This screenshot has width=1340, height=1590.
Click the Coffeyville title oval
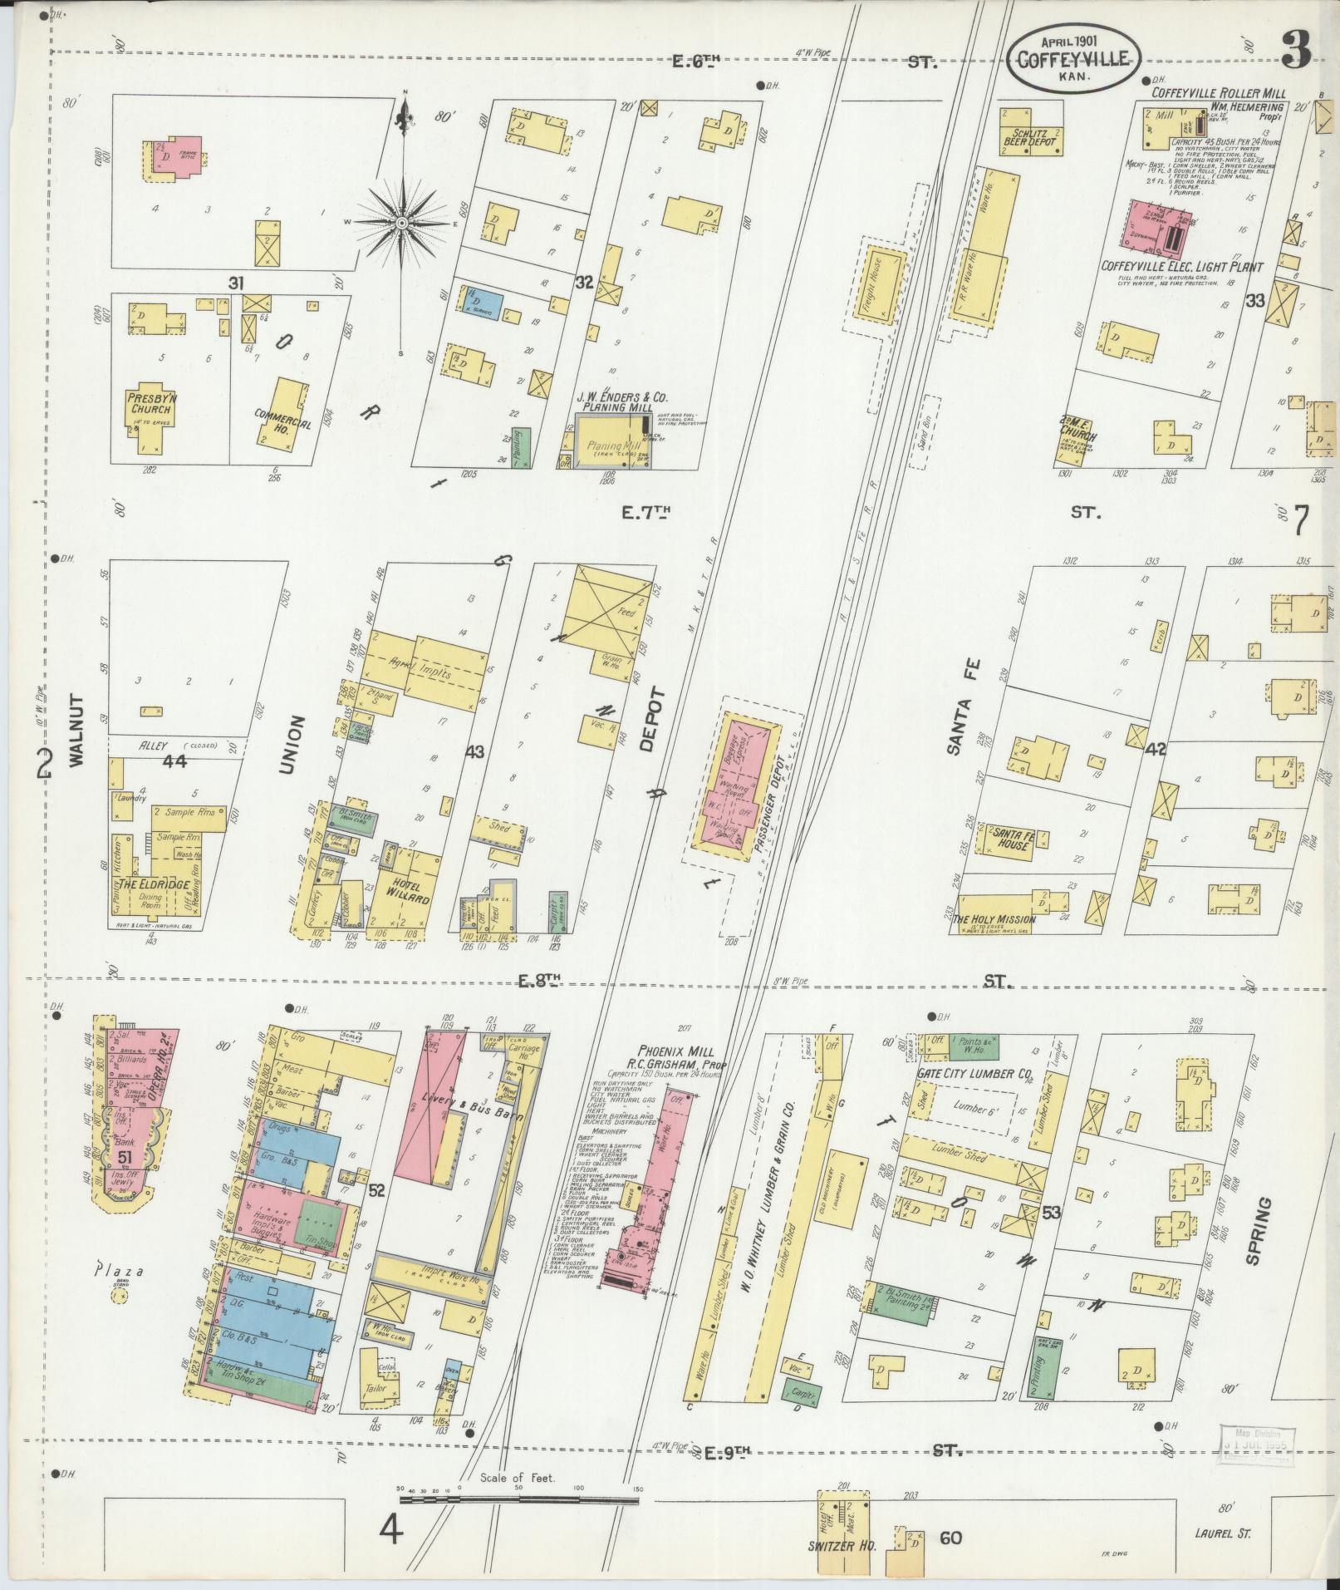pos(1072,60)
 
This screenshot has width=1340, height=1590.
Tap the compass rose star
pos(402,223)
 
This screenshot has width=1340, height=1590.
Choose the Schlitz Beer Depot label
pos(1033,137)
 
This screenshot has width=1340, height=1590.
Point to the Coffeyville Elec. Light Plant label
pos(1181,267)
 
